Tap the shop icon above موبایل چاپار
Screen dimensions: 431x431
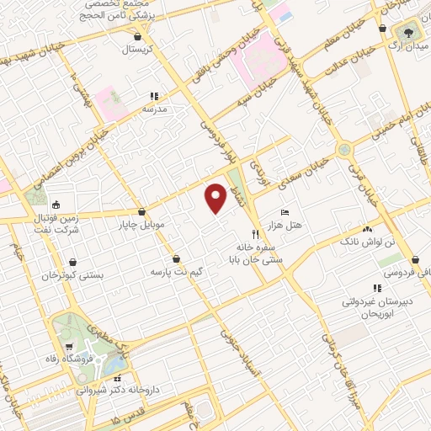click(141, 212)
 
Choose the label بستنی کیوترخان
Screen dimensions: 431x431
click(73, 275)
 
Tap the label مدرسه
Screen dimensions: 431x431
click(153, 109)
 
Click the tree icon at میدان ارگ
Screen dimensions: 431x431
click(409, 31)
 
